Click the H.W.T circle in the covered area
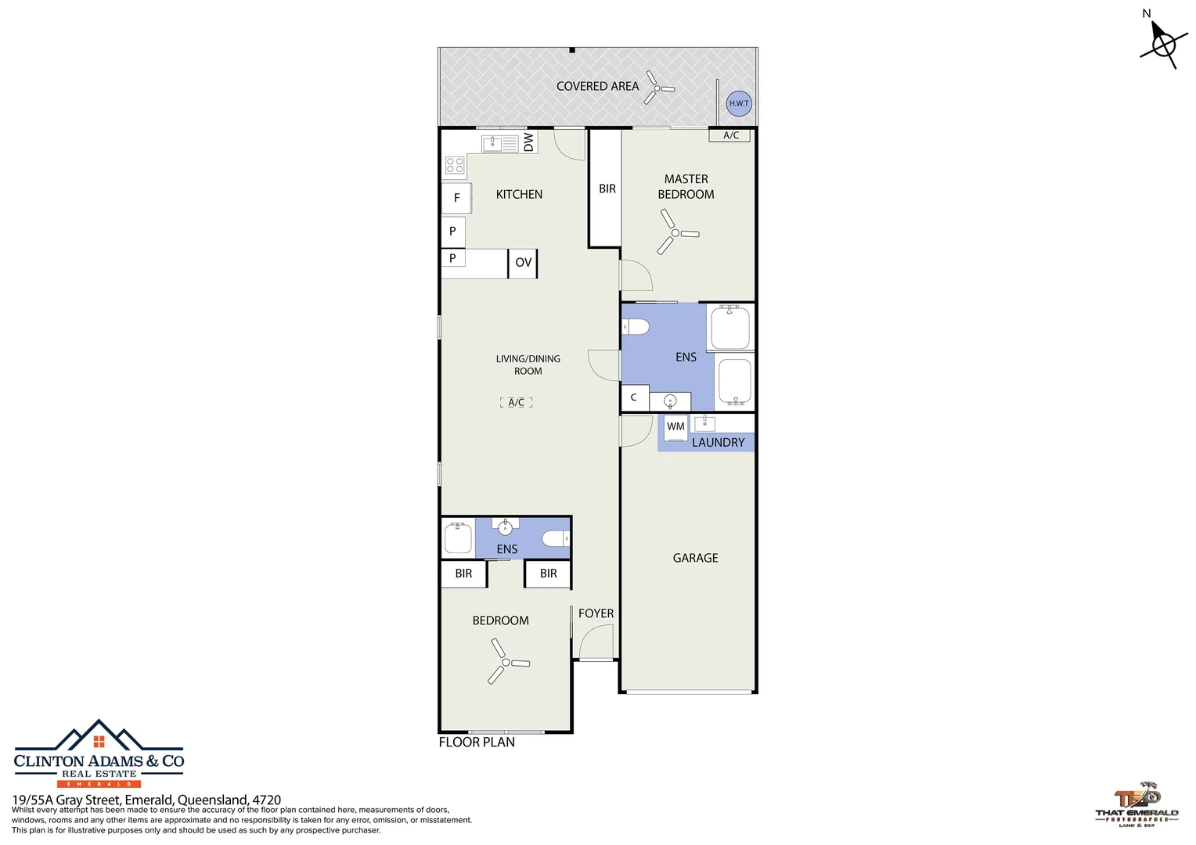(x=738, y=103)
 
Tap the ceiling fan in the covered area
(x=657, y=88)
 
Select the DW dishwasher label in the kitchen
(x=528, y=142)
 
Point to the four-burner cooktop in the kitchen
(x=455, y=165)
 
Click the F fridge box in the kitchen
(x=456, y=198)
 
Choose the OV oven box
(x=523, y=263)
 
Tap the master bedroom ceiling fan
(x=675, y=232)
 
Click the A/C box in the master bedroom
(x=730, y=135)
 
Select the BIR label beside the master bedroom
(x=607, y=189)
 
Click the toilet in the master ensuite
(x=636, y=327)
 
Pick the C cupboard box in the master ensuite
(x=634, y=397)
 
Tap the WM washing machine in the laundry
(x=675, y=427)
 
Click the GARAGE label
(x=695, y=558)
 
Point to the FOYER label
(x=596, y=613)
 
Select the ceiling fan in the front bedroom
(x=506, y=663)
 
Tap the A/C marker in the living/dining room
(x=516, y=402)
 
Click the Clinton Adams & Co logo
(x=99, y=754)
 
